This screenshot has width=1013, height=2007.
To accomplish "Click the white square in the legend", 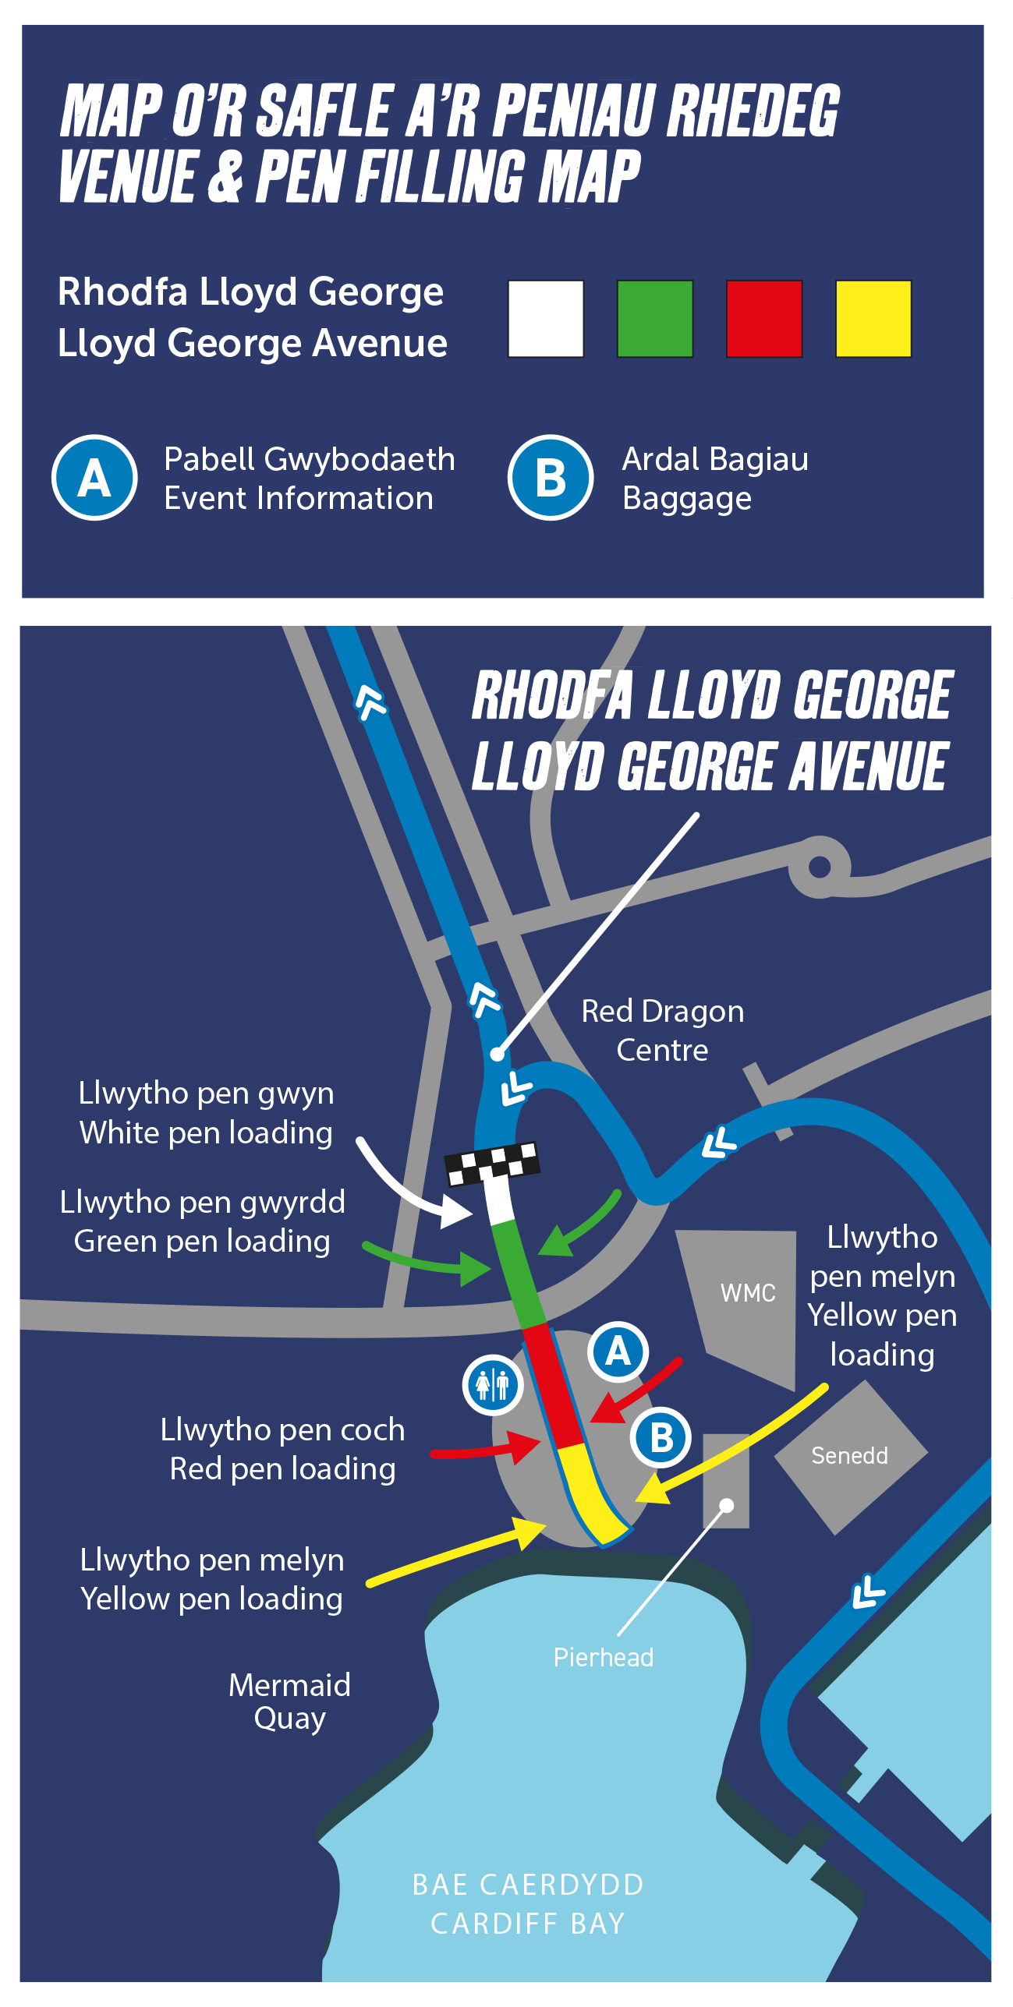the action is coord(546,319).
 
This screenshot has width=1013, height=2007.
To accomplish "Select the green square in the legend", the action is coord(655,319).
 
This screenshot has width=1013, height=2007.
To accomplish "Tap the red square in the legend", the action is coord(764,319).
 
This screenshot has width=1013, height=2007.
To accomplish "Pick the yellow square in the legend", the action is coord(873,319).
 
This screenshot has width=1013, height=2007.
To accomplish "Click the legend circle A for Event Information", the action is coord(94,478).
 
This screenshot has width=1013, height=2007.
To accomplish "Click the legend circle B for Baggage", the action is coord(551,478).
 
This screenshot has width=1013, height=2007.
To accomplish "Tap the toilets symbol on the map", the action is coord(492,1385).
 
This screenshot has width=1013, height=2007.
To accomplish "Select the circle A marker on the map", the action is coord(618,1352).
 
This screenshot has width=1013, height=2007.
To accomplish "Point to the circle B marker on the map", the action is coord(661,1437).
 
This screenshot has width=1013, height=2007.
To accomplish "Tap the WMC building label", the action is coord(748,1293).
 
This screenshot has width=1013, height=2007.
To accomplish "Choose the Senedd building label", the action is coord(849,1455).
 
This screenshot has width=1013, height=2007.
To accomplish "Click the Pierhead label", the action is coord(604,1657).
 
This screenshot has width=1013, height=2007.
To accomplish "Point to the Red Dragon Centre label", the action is coord(662,1030).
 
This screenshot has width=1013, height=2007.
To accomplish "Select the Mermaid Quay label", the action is coord(289,1701).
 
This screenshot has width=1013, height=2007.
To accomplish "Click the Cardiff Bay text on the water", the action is coord(528,1924).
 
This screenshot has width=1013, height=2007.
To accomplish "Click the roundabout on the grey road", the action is coord(820,867).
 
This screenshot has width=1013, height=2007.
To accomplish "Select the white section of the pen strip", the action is coord(498,1200).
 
